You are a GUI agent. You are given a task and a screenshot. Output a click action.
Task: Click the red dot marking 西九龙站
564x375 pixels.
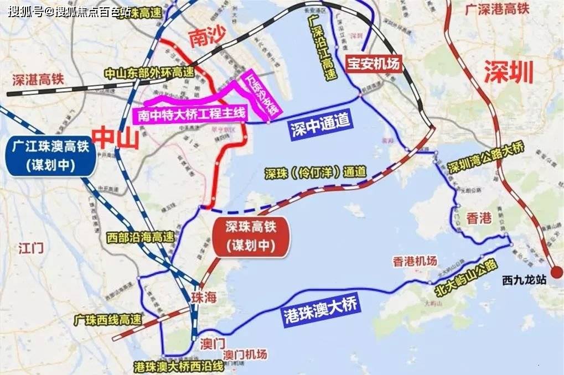click(556, 272)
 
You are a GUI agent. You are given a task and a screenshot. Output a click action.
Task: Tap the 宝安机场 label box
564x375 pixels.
click(372, 62)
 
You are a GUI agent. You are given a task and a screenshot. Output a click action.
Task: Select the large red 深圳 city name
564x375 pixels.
click(509, 71)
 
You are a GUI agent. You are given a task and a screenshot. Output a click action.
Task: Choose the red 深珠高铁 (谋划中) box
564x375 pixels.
click(251, 236)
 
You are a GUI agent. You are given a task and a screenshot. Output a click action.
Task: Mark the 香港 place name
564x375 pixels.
click(478, 218)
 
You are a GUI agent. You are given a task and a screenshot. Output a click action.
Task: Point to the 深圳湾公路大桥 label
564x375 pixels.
click(493, 159)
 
